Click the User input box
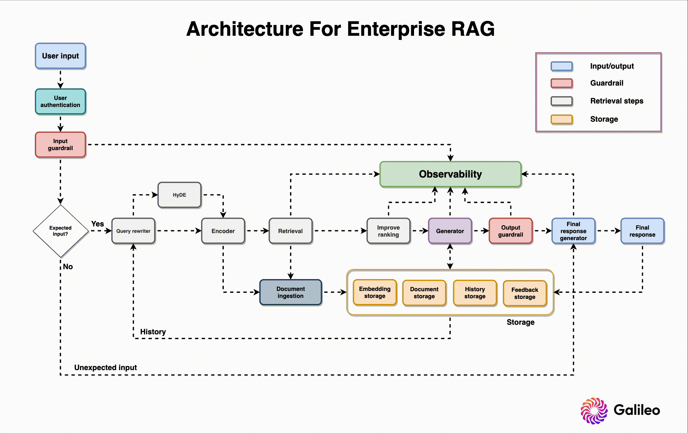pos(60,56)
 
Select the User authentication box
pos(60,102)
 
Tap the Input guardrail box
pos(60,145)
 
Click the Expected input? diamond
pos(60,231)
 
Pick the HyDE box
pos(179,195)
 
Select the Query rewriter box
pos(133,231)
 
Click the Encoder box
pos(223,231)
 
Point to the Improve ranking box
pos(388,231)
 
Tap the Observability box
pos(450,174)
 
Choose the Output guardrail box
pos(511,231)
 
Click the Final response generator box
pos(573,231)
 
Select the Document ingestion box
pos(291,292)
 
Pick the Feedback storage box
pos(525,293)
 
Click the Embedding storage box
pos(375,292)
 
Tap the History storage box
pos(475,292)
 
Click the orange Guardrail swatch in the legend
pos(561,83)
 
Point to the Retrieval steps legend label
pos(616,101)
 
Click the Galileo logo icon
pos(594,410)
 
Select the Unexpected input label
pos(106,368)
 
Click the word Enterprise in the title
pos(396,29)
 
